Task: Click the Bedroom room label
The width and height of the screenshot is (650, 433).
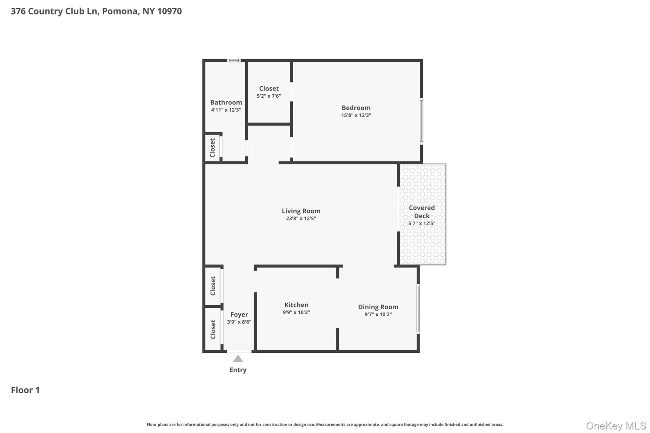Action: pos(356,108)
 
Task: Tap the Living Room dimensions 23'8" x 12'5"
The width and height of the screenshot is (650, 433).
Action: pos(301,218)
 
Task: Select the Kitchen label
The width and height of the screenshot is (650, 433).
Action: pos(296,305)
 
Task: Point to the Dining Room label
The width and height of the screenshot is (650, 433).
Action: pos(378,307)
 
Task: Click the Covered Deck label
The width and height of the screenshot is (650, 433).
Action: pos(421,212)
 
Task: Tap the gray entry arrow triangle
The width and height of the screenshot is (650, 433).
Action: pos(238,358)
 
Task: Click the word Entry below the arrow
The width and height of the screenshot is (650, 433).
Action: pos(238,370)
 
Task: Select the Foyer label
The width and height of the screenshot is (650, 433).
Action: pos(239,314)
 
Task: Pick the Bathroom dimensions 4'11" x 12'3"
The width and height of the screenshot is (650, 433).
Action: pos(226,110)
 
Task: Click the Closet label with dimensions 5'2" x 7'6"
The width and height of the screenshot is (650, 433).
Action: pos(269,89)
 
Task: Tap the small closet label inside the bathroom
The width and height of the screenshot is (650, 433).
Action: pos(212,148)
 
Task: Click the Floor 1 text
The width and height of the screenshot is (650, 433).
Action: pos(25,390)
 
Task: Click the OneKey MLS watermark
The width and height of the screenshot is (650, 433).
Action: pos(616,426)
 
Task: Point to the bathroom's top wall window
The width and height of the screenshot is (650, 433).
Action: pos(234,61)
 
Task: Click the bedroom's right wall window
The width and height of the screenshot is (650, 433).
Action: pos(421,121)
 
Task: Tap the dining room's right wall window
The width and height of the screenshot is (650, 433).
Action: pos(418,309)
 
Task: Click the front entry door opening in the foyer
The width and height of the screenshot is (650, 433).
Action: pos(239,351)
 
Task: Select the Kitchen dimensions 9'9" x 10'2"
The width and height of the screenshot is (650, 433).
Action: pos(296,312)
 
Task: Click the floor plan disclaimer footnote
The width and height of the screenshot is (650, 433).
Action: pos(325,424)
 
